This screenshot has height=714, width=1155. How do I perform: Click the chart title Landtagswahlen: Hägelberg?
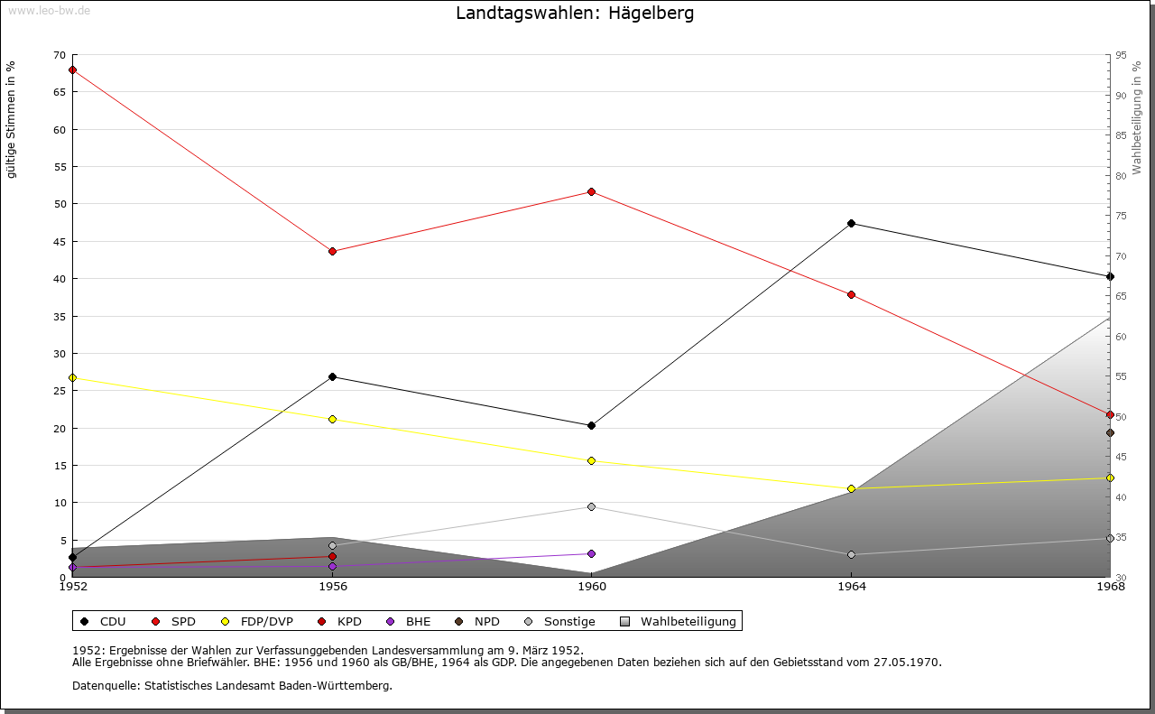pyautogui.click(x=575, y=14)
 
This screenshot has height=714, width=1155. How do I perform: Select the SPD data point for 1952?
pyautogui.click(x=72, y=70)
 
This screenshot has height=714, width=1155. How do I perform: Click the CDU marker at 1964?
pyautogui.click(x=851, y=223)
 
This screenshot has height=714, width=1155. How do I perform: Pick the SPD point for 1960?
pyautogui.click(x=591, y=191)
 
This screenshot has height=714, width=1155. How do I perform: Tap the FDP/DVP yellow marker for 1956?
pyautogui.click(x=332, y=419)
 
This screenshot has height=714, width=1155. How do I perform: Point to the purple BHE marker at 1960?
pyautogui.click(x=591, y=553)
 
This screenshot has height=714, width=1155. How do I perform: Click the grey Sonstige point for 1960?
pyautogui.click(x=591, y=506)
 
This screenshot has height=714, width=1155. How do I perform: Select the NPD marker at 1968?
pyautogui.click(x=1110, y=432)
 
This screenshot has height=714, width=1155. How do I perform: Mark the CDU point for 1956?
pyautogui.click(x=332, y=376)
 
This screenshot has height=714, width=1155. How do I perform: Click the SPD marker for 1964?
pyautogui.click(x=851, y=294)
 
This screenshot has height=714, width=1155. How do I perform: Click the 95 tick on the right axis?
pyautogui.click(x=1121, y=55)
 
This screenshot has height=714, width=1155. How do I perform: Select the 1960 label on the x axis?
pyautogui.click(x=591, y=587)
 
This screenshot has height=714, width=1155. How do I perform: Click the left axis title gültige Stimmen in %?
pyautogui.click(x=12, y=119)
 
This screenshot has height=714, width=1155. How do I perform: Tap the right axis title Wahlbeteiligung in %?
pyautogui.click(x=1137, y=117)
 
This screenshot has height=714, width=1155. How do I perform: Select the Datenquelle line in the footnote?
pyautogui.click(x=232, y=685)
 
